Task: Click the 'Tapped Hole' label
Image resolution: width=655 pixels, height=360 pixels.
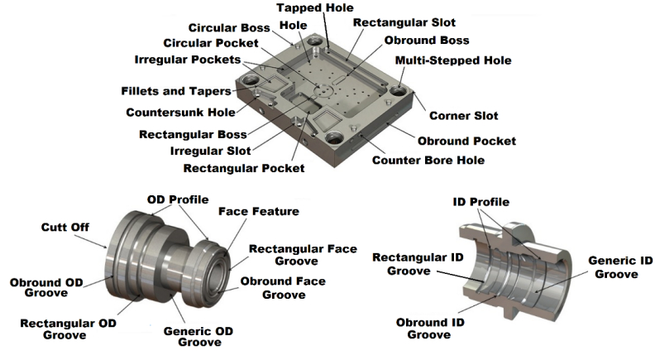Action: tap(310, 8)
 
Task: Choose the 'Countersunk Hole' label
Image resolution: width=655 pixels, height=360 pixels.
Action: tap(179, 112)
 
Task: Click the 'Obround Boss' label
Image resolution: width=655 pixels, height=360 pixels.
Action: tap(427, 41)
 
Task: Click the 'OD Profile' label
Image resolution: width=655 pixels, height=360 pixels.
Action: tap(177, 199)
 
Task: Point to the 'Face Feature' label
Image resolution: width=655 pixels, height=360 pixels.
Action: tap(258, 212)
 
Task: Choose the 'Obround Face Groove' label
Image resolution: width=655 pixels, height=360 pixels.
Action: tap(281, 286)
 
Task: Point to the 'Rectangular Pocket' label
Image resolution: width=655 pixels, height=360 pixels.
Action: tap(243, 168)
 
